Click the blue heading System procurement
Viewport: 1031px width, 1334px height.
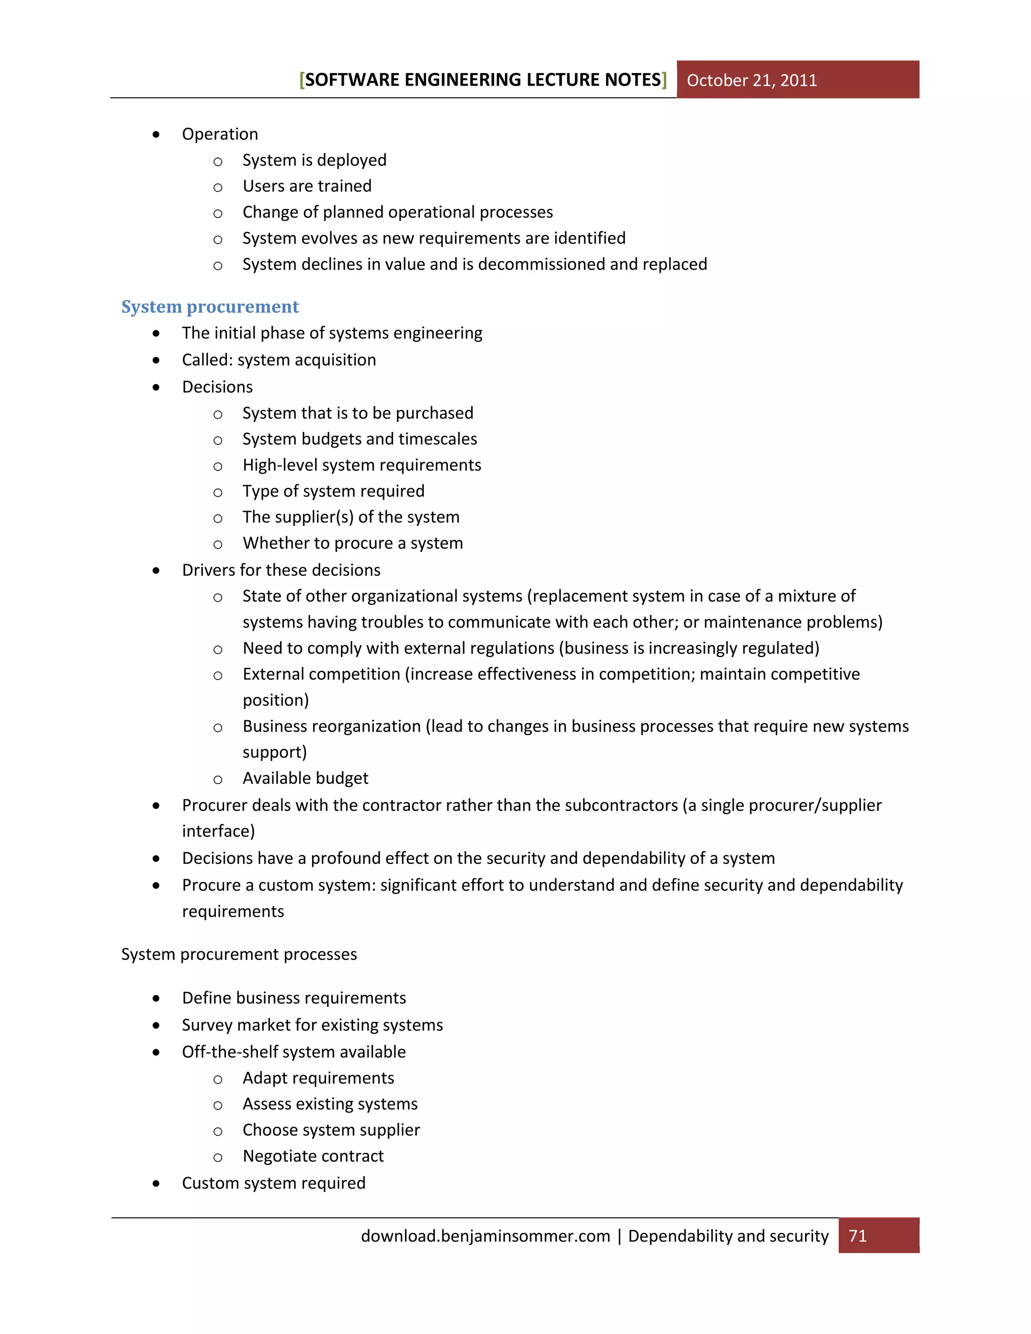[209, 307]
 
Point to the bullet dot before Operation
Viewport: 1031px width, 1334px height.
[157, 134]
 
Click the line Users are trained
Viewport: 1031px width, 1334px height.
[307, 186]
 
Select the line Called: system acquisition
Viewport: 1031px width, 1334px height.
[278, 360]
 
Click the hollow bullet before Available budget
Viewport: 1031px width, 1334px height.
[217, 779]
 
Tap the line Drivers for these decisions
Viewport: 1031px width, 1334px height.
[281, 570]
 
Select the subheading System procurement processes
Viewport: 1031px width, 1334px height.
[239, 954]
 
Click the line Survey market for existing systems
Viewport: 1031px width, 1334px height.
[312, 1025]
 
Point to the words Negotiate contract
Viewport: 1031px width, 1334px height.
[313, 1156]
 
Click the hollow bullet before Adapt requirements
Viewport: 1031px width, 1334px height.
[217, 1079]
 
